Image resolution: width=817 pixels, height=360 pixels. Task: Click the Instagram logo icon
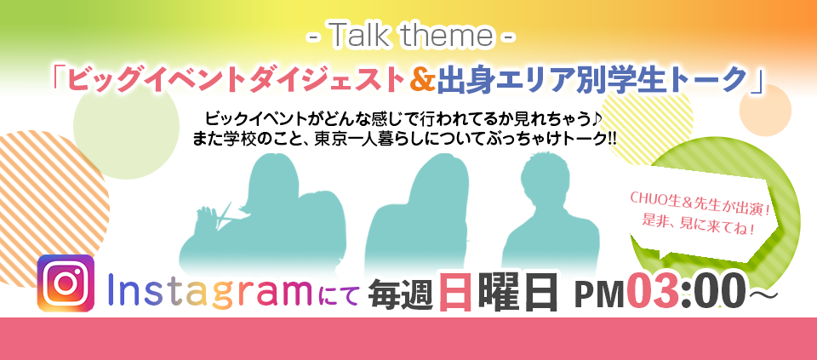point(66,283)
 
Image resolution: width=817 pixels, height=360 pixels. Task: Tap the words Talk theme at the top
point(411,36)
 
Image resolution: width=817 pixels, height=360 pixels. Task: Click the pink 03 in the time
point(654,292)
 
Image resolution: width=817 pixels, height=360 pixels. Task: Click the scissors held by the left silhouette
point(222,215)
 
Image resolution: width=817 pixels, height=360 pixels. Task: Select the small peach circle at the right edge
point(765,111)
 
